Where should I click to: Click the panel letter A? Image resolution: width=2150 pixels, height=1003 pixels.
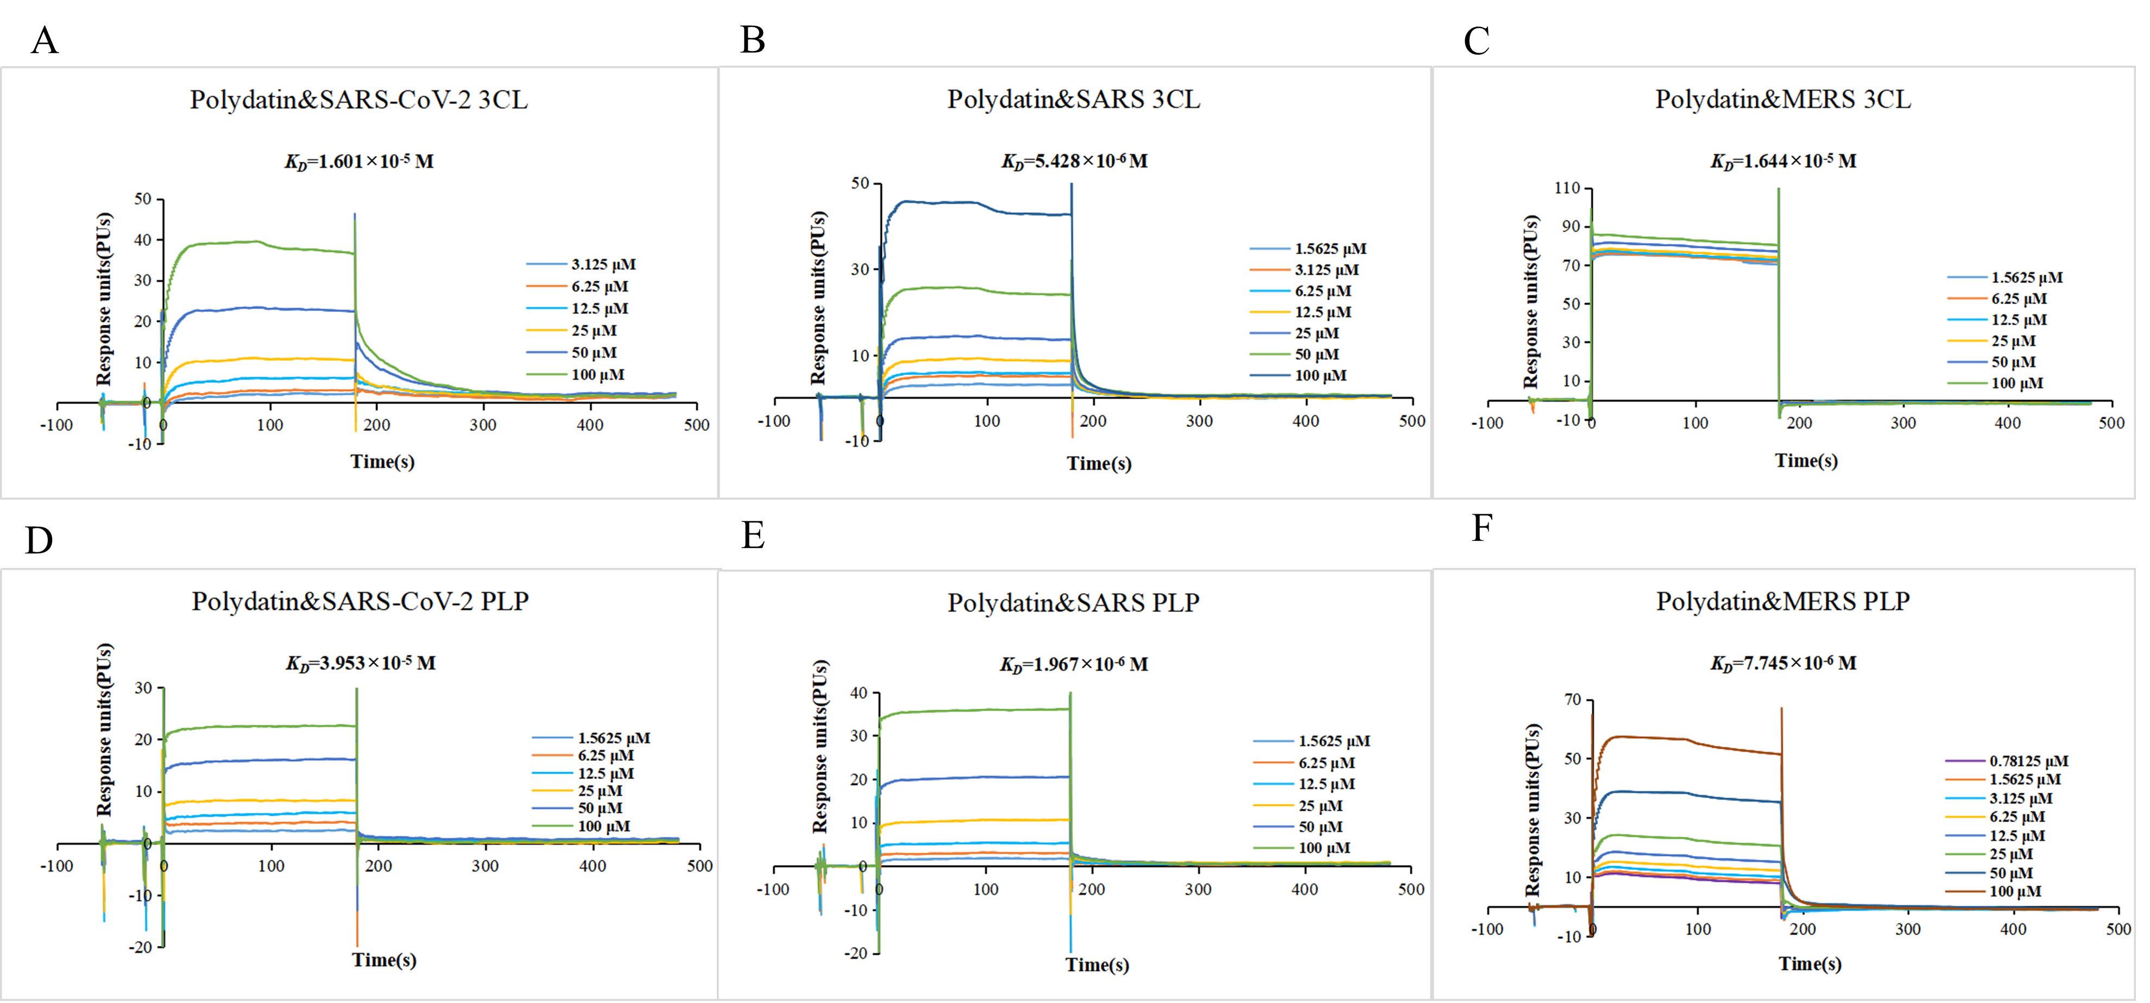(x=44, y=41)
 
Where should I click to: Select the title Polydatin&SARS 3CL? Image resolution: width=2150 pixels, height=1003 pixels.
(x=1073, y=99)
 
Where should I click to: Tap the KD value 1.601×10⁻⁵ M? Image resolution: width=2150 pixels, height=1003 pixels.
(x=359, y=161)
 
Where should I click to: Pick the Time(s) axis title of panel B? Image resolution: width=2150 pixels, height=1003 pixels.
(x=1099, y=463)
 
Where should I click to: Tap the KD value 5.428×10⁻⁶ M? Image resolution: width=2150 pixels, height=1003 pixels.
(x=1074, y=161)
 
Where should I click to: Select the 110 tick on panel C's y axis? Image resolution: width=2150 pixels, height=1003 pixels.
(x=1567, y=188)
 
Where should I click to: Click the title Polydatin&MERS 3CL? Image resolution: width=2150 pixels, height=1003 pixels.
(x=1783, y=99)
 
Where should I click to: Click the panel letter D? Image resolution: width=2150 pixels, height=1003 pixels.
(x=39, y=541)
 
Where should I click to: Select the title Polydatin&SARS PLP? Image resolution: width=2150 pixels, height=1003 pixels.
(x=1073, y=602)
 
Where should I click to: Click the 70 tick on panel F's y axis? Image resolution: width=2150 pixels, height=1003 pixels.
(x=1572, y=700)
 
